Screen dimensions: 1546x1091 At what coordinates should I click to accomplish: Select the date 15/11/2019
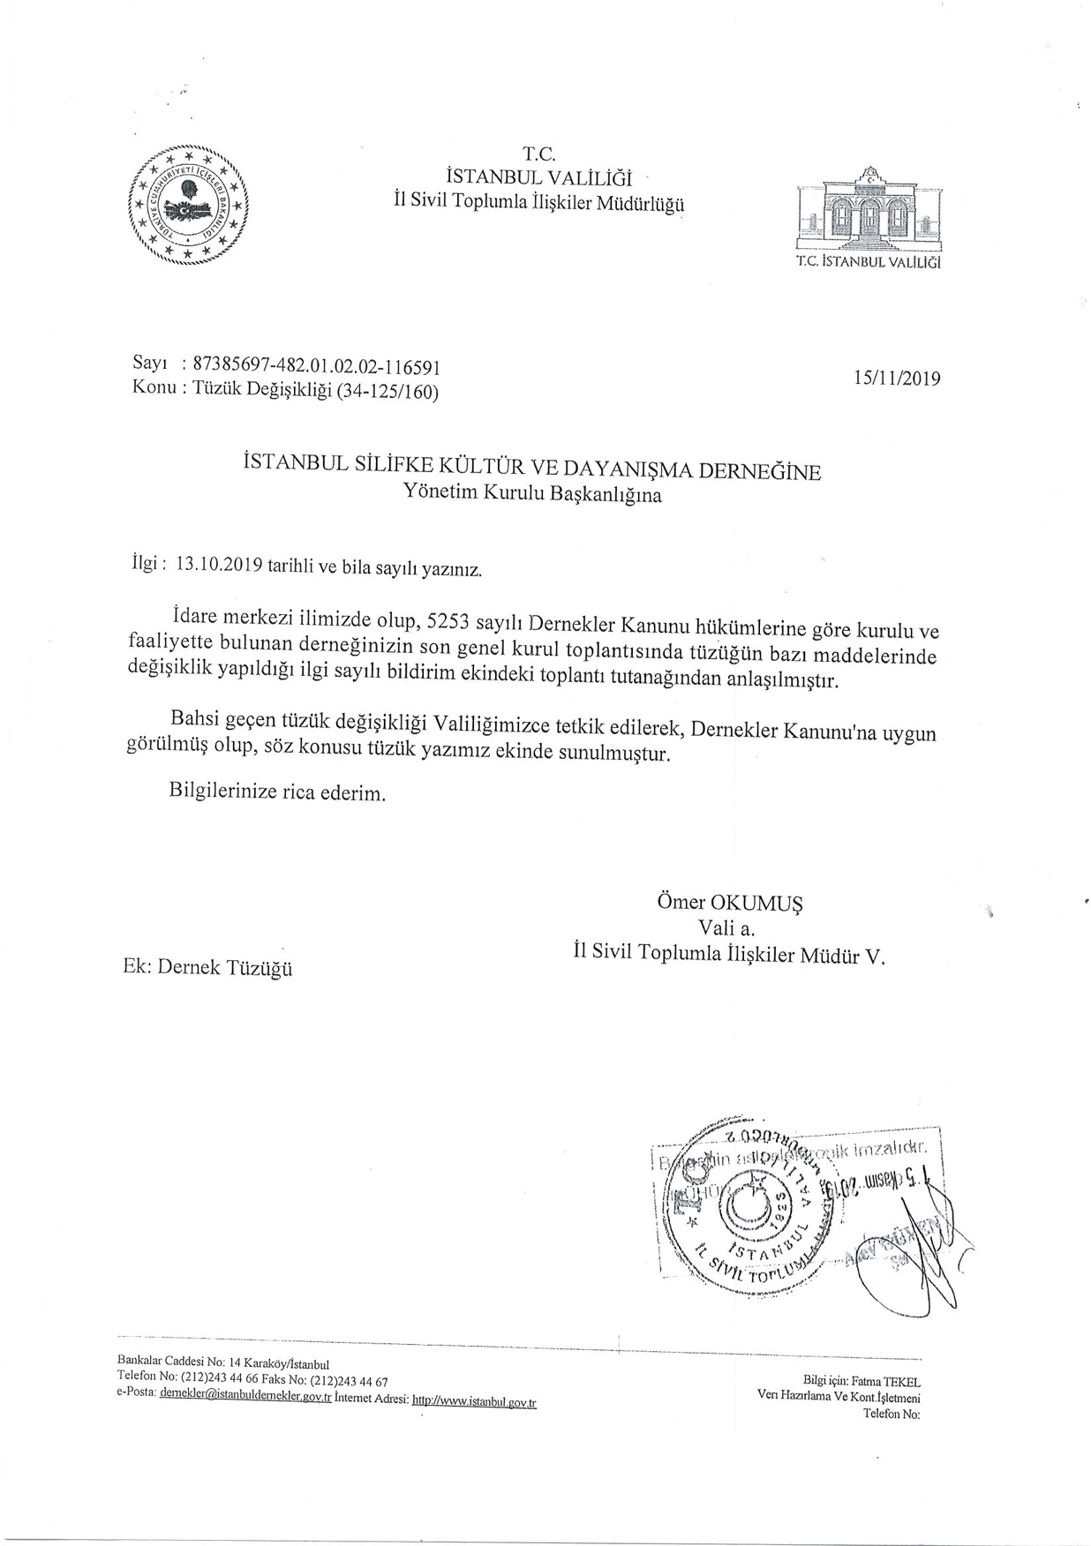click(x=897, y=379)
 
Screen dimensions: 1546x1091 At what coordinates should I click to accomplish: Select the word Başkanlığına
click(x=606, y=495)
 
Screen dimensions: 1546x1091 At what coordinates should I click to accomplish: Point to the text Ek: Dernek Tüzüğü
click(x=208, y=968)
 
